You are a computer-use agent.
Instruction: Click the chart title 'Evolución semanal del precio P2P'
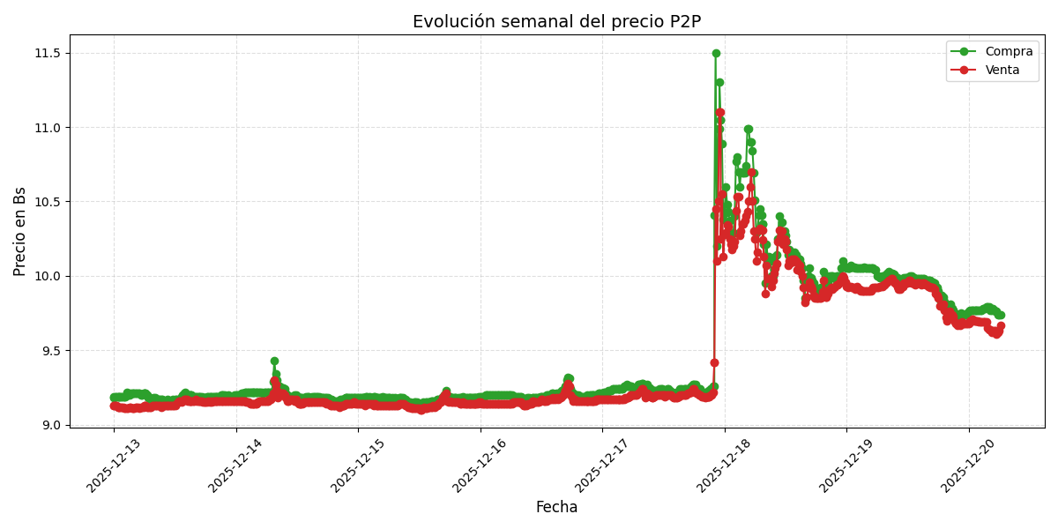(556, 22)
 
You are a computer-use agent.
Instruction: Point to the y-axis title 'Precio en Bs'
(20, 231)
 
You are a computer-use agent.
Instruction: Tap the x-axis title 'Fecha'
(556, 508)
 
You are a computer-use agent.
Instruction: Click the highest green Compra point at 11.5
(716, 53)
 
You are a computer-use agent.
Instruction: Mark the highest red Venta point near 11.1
(720, 113)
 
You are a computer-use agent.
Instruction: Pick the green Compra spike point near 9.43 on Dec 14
(274, 361)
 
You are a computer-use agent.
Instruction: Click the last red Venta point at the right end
(1001, 325)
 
